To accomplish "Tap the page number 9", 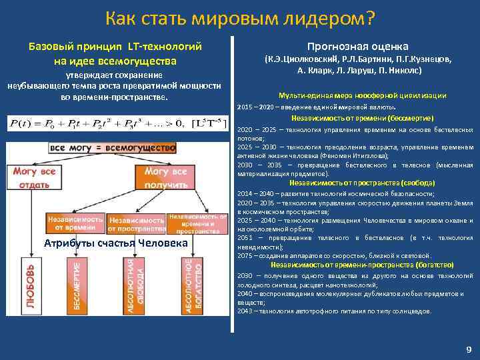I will click(469, 349).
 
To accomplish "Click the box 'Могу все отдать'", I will click(30, 177).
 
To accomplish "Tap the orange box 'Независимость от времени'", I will click(75, 223).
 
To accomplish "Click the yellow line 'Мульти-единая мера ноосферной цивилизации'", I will click(353, 95).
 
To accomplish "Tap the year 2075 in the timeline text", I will click(244, 255).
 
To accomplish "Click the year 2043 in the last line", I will click(244, 311).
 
